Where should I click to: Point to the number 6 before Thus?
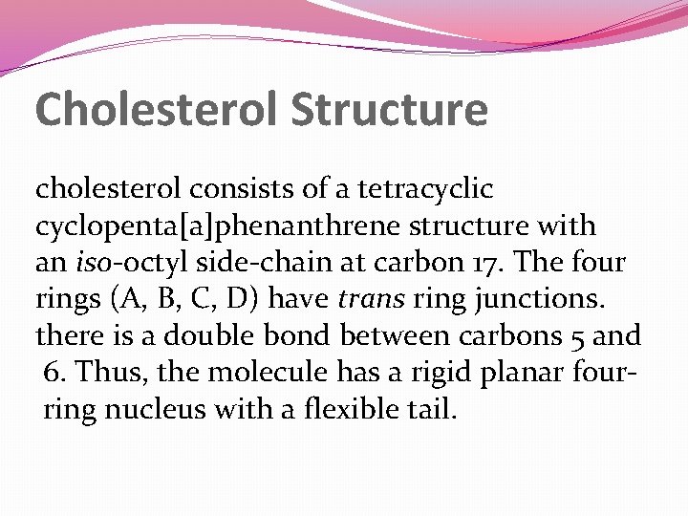coord(53,373)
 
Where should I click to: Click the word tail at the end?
coord(432,409)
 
